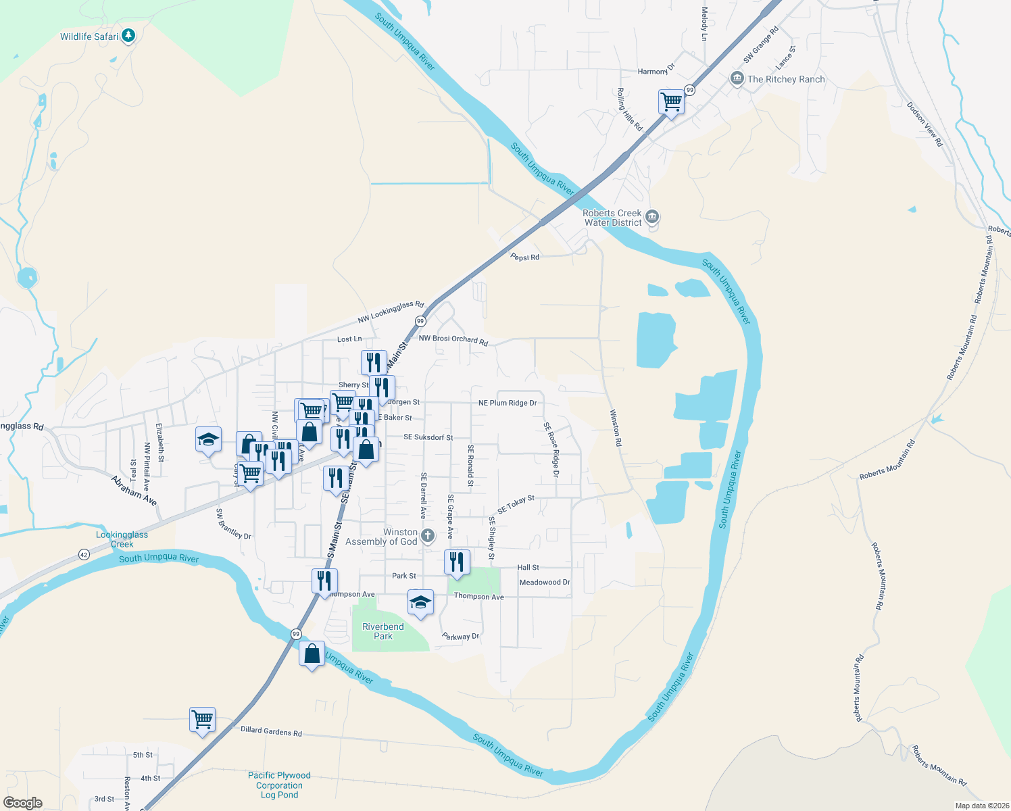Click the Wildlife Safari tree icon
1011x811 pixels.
point(128,36)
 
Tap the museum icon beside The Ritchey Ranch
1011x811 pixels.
point(737,79)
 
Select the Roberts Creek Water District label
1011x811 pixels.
point(612,218)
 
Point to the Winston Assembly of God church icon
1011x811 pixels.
point(427,537)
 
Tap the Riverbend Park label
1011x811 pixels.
point(383,631)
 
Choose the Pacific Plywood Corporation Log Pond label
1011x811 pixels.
point(279,785)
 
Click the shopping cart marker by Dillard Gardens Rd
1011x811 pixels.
point(203,720)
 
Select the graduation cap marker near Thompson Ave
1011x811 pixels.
point(420,602)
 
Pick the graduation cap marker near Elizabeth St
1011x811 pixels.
point(208,440)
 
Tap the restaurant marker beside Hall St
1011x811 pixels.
point(457,562)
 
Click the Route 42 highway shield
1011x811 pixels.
point(84,554)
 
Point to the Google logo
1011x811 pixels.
point(23,803)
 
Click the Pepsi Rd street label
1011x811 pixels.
point(525,257)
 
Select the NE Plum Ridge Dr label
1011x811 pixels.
point(508,403)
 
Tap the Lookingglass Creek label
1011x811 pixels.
point(122,539)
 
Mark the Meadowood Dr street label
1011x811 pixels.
point(545,582)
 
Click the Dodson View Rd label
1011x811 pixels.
point(924,124)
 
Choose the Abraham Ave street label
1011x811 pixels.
point(134,491)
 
